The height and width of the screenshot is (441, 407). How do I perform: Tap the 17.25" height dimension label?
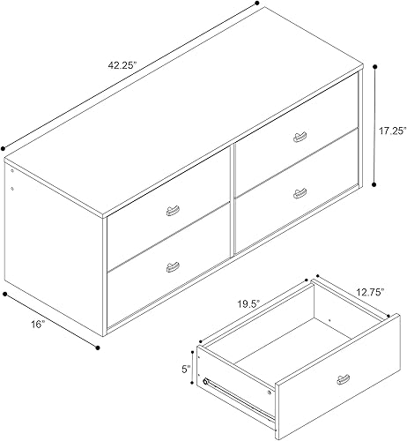click(390, 129)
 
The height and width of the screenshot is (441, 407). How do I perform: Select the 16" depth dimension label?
click(35, 325)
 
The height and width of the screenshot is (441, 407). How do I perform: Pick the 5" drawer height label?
click(187, 371)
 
